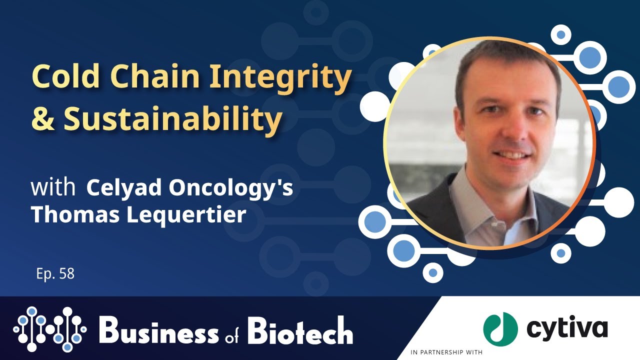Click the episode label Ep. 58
pyautogui.click(x=55, y=274)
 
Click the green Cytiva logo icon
pyautogui.click(x=500, y=328)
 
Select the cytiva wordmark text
pyautogui.click(x=566, y=328)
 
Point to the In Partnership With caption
pyautogui.click(x=446, y=352)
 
